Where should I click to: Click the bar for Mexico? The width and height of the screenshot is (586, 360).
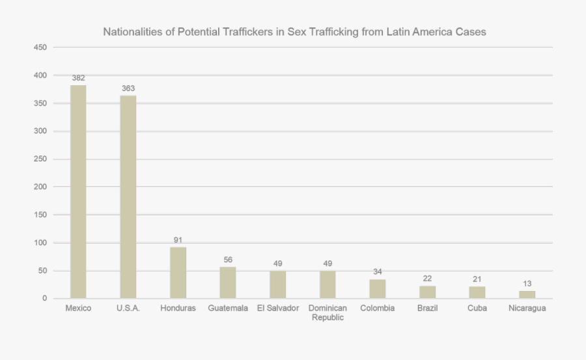[78, 192]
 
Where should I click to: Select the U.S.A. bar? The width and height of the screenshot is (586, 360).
[128, 197]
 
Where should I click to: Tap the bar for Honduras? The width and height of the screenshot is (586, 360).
[178, 273]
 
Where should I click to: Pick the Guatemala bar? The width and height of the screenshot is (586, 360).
[228, 283]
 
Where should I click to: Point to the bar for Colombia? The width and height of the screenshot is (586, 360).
[378, 288]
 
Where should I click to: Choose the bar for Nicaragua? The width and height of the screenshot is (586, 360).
[527, 294]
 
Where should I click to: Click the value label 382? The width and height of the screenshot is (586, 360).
[78, 78]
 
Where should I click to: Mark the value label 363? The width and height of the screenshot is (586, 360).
[128, 89]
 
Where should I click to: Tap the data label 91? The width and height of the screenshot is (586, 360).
[178, 240]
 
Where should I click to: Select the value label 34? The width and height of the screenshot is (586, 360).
[378, 271]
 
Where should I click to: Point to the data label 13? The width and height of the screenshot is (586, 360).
[527, 283]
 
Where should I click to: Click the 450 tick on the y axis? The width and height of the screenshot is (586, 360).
[40, 48]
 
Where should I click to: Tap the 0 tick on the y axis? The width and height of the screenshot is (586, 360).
[45, 298]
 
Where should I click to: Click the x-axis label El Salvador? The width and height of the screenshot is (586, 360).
[278, 308]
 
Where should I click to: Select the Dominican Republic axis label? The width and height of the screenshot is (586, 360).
[328, 312]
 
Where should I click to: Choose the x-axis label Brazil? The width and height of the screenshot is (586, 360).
[427, 308]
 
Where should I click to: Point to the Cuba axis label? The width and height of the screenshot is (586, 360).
[477, 308]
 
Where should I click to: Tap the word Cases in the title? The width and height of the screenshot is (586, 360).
[471, 32]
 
